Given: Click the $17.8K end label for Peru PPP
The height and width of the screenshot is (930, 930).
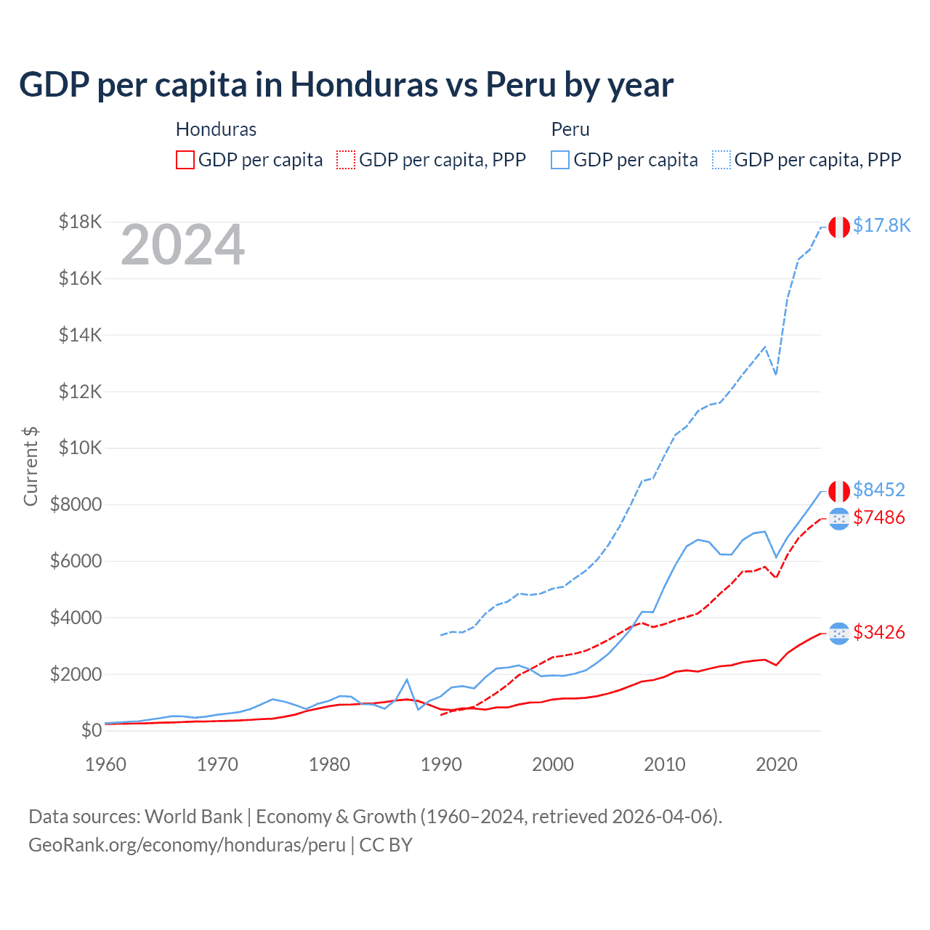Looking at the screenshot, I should [881, 225].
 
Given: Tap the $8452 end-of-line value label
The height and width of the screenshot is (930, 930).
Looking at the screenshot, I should [879, 490].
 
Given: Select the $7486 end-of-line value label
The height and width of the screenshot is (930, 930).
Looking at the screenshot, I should [879, 517].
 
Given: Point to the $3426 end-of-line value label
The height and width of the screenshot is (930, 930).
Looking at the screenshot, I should [879, 632].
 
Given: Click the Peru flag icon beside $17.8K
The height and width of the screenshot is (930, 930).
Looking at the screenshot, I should [839, 227].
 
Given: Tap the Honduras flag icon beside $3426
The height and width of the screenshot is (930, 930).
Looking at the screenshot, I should [839, 634].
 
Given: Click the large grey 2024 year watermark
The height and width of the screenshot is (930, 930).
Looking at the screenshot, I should [183, 245].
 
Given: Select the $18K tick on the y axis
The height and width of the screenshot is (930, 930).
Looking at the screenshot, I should [81, 222].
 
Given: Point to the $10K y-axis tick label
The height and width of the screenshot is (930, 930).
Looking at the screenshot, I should [81, 448].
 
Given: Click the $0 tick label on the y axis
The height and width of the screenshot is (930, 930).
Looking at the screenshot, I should [92, 730].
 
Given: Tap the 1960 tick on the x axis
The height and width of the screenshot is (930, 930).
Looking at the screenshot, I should [106, 764].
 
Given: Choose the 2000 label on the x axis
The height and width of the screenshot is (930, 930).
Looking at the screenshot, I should [553, 764].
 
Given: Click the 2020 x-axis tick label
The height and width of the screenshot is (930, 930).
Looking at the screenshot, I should [777, 764].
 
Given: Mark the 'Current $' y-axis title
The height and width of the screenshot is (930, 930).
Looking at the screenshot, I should [31, 466].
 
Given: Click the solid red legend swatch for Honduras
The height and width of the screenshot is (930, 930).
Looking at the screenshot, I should [185, 160].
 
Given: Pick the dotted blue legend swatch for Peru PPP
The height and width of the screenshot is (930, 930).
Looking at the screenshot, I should [721, 160].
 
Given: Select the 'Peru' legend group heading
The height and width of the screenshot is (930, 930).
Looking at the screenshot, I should [570, 129].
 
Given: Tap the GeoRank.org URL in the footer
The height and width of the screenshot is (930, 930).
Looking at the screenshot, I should [187, 845].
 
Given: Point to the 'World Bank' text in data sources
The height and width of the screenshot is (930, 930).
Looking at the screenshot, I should [194, 817].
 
